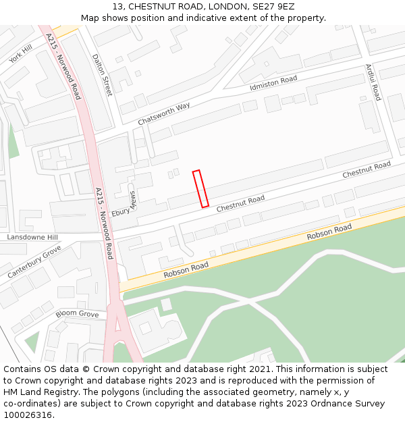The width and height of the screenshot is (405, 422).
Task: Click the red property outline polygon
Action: click(200, 188)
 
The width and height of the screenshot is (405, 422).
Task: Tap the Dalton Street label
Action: click(102, 75)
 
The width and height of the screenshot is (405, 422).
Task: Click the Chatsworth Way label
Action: click(164, 113)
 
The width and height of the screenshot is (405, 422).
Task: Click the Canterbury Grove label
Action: click(34, 262)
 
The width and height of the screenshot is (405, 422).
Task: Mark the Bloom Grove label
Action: click(77, 314)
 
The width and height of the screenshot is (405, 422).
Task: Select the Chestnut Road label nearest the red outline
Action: click(240, 205)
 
